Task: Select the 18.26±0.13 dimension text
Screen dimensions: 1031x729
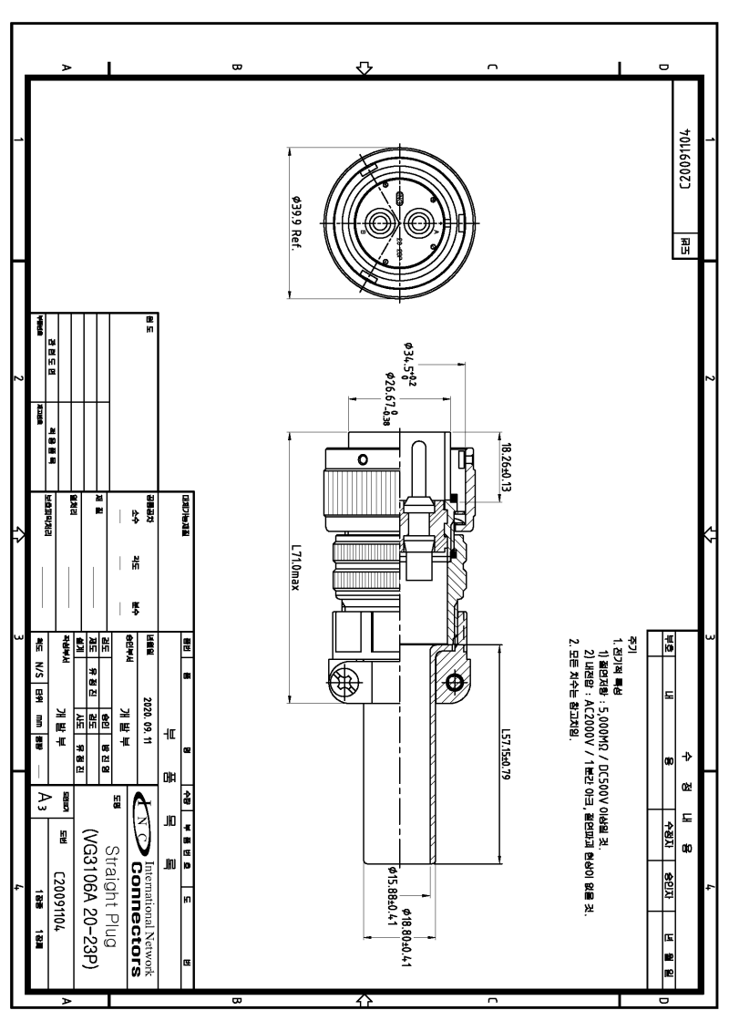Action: tap(507, 465)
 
